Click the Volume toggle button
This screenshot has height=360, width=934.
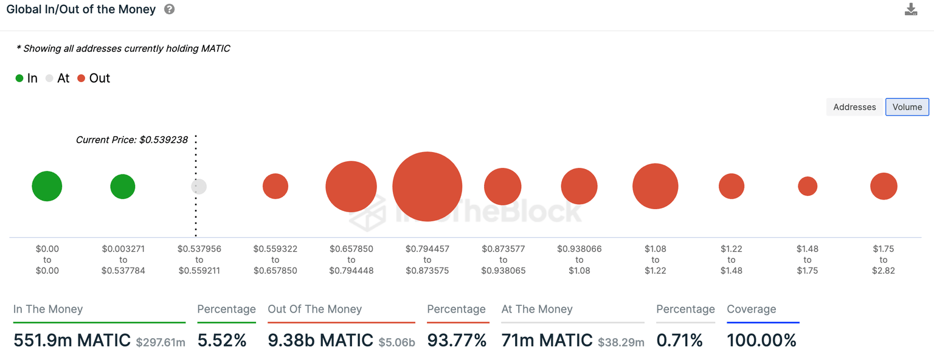tap(907, 107)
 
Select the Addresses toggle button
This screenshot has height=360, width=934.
tap(854, 107)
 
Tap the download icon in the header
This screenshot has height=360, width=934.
tap(910, 9)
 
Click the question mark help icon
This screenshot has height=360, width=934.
tap(170, 10)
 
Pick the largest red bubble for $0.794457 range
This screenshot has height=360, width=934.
tap(427, 186)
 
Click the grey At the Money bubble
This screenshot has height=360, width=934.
tap(199, 187)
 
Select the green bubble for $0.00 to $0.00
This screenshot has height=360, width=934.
tap(47, 186)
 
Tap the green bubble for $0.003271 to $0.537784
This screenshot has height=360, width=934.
tap(123, 186)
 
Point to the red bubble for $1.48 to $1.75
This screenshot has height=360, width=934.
tap(808, 186)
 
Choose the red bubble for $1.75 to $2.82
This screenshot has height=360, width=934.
tap(884, 186)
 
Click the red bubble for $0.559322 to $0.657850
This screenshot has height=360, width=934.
tap(275, 186)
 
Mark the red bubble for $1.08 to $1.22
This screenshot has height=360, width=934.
tap(655, 186)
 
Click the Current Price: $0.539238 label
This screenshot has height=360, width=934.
tap(131, 140)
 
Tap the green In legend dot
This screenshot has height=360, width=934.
tap(19, 78)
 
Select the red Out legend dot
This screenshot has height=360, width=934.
tap(81, 78)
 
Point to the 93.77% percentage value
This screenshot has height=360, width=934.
tap(457, 341)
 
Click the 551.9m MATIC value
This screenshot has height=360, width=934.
tap(72, 341)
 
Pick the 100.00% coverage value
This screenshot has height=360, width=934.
tap(761, 341)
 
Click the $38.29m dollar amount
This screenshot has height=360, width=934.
tap(621, 342)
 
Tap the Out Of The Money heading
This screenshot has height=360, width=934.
tap(314, 309)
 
